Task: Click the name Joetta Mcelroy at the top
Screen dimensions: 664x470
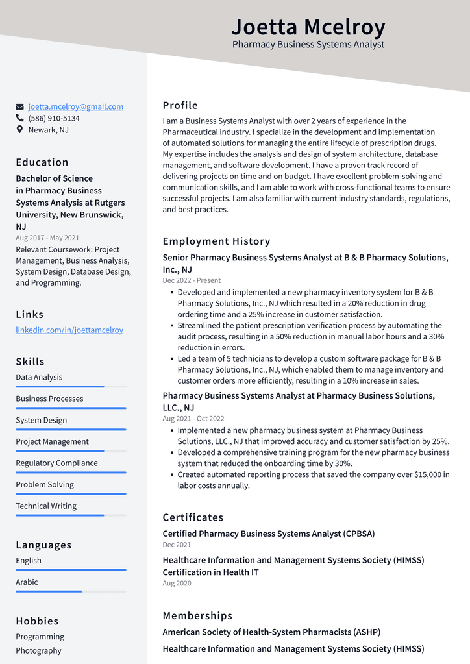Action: (x=308, y=27)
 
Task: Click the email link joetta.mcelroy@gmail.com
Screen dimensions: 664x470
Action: (x=75, y=106)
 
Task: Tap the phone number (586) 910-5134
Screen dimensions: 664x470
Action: (x=54, y=118)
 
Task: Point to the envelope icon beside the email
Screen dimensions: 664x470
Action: (x=20, y=106)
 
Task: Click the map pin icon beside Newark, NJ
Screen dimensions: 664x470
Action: (x=19, y=130)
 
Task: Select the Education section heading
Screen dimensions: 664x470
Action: (x=42, y=162)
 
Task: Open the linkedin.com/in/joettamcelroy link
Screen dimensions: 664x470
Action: (x=69, y=330)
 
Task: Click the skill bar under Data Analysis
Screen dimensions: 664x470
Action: (x=71, y=387)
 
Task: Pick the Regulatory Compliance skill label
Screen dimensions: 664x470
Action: (x=57, y=463)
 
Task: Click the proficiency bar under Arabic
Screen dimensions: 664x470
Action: (x=71, y=591)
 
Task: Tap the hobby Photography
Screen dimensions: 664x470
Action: (x=39, y=650)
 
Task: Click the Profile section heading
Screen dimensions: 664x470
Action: (x=180, y=105)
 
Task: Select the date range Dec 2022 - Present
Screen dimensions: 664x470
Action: (x=192, y=280)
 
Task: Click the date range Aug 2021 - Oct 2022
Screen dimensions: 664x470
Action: (x=193, y=419)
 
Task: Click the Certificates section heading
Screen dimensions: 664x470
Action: (x=193, y=517)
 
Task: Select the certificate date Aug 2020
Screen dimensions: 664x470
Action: (x=177, y=584)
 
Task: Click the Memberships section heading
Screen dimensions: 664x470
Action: (x=197, y=615)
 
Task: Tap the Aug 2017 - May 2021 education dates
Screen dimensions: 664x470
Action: (x=47, y=238)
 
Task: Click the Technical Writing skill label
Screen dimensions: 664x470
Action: (x=46, y=506)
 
